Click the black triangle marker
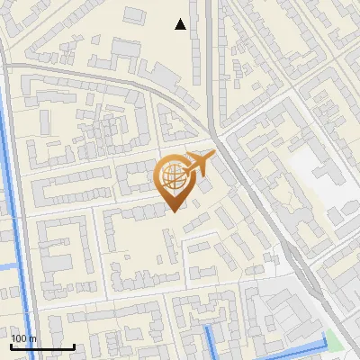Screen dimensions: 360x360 click(x=181, y=24)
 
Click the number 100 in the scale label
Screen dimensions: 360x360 click(x=20, y=337)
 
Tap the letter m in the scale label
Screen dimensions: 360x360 click(x=33, y=337)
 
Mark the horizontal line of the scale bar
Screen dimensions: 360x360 click(x=42, y=346)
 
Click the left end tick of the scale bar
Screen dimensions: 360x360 click(x=11, y=345)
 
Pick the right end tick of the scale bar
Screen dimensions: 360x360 click(x=74, y=345)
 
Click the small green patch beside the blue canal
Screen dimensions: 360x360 click(x=335, y=341)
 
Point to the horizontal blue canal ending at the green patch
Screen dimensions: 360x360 click(x=288, y=348)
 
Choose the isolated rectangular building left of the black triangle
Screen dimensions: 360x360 click(x=134, y=15)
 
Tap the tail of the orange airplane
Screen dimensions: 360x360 click(x=188, y=159)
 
